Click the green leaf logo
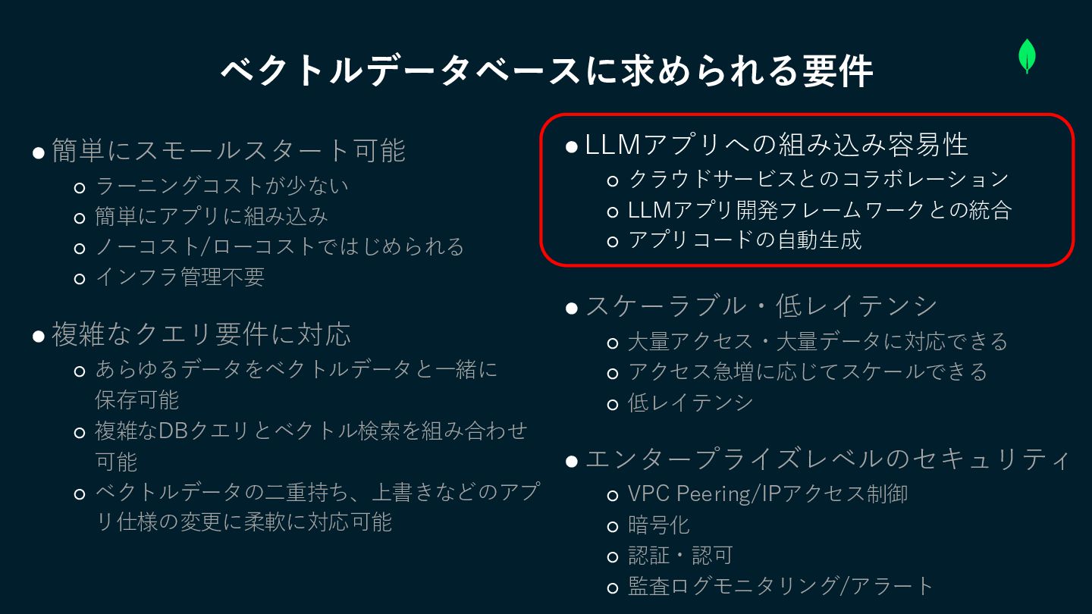tap(1027, 56)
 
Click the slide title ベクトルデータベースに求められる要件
tap(546, 72)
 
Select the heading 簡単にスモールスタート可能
tap(228, 150)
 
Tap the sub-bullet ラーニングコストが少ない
tap(221, 186)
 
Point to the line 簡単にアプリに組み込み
tap(212, 217)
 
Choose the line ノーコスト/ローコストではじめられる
tap(279, 247)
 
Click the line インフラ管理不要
tap(180, 277)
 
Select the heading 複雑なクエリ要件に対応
tap(201, 334)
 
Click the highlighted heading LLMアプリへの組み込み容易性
tap(777, 145)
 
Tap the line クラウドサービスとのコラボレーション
tap(818, 179)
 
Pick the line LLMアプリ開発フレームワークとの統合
tap(820, 210)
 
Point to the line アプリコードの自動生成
tap(745, 241)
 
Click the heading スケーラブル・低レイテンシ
tap(761, 306)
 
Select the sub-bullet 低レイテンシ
tap(690, 403)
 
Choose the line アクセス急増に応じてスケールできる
tap(808, 372)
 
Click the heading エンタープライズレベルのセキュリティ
tap(827, 459)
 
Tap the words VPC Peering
tap(688, 494)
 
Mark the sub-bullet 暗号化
tap(658, 525)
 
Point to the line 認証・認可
tap(679, 556)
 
